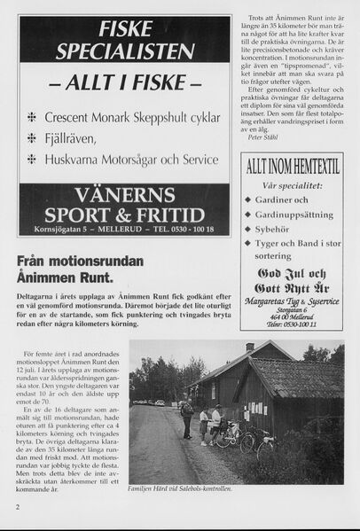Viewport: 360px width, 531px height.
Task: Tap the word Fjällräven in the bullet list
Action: pyautogui.click(x=74, y=138)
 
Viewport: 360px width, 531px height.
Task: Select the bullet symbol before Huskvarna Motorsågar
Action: pyautogui.click(x=33, y=160)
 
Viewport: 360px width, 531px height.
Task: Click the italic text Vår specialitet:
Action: pyautogui.click(x=291, y=186)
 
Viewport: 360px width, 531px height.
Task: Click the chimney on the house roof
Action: pyautogui.click(x=250, y=347)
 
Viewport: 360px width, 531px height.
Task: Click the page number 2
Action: pyautogui.click(x=18, y=508)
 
